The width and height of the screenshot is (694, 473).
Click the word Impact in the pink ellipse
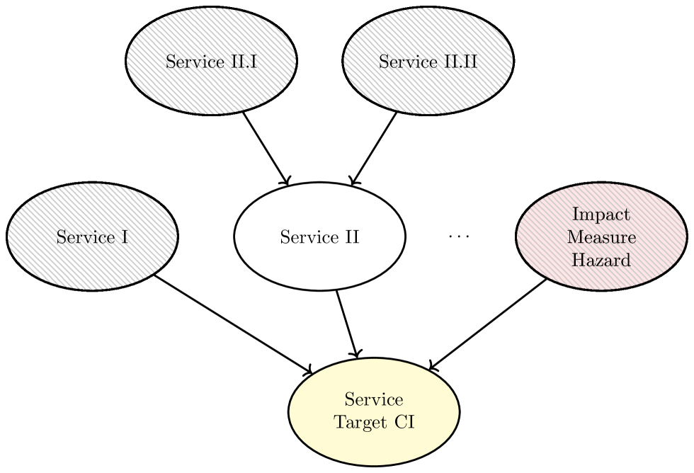click(x=601, y=215)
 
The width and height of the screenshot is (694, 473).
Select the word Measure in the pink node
click(x=601, y=237)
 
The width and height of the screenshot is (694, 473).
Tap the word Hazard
click(x=601, y=260)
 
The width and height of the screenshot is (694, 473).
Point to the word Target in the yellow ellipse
click(x=358, y=423)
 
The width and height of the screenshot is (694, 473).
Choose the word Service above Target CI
click(x=373, y=400)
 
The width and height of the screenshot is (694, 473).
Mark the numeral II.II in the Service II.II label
click(x=462, y=62)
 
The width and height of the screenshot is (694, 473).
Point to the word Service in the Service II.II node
click(x=409, y=62)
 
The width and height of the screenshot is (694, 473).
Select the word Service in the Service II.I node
click(x=194, y=62)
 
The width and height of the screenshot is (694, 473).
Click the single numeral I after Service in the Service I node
click(x=125, y=237)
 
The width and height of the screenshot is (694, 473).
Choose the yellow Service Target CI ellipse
click(x=373, y=446)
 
